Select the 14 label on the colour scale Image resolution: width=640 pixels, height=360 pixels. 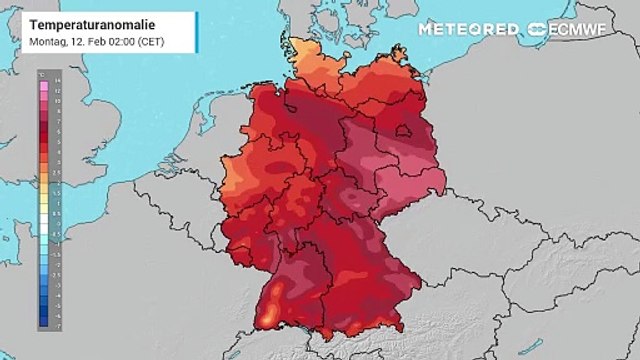coord(58,77)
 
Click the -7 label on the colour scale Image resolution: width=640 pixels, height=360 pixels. coord(58,326)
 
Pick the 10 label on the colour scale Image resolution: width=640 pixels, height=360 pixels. coord(58,97)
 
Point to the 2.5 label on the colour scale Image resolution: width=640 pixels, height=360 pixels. coord(58,172)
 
